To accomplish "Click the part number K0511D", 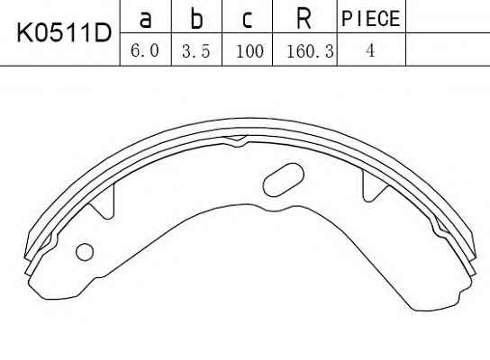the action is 64,33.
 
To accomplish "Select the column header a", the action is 146,19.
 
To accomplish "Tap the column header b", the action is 196,18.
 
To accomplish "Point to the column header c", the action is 247,20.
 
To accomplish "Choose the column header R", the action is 304,18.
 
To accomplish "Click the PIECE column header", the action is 371,18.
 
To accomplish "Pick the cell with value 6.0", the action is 145,50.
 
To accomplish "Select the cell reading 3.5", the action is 196,51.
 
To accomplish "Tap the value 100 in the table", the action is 250,51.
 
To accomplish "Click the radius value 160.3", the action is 311,51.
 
